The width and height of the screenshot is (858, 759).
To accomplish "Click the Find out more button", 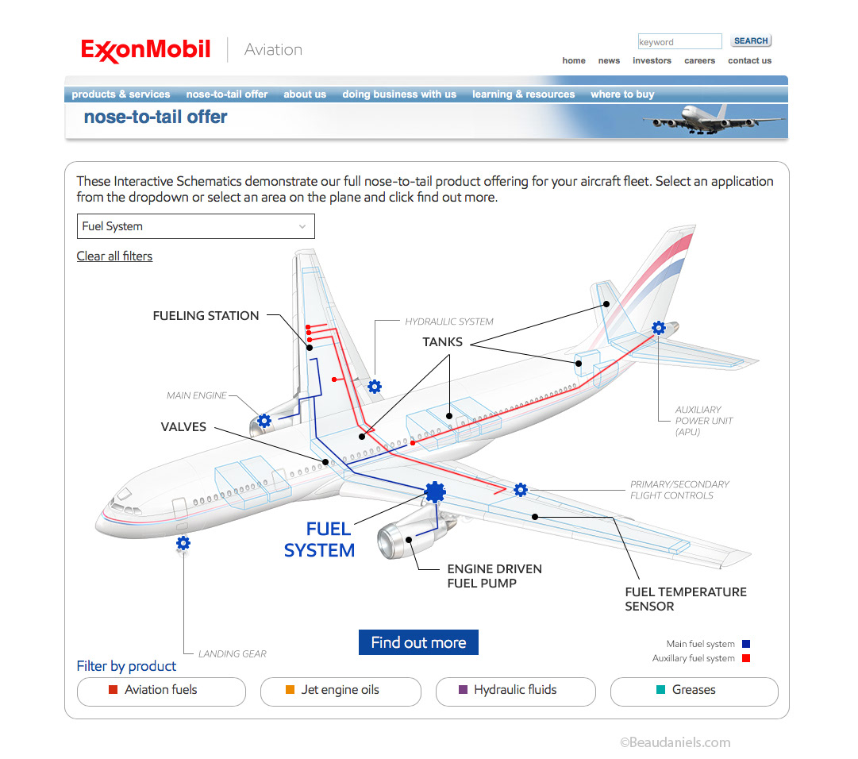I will coord(418,642).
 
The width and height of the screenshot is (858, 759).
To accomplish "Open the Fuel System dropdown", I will coord(195,226).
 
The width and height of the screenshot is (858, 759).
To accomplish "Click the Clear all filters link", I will coord(114,256).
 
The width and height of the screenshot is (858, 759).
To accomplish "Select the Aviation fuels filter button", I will coord(161,691).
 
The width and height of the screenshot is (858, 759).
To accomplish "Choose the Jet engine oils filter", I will coord(341,691).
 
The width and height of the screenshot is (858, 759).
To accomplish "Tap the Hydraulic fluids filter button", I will coord(515,691).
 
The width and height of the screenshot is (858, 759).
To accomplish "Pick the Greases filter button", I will coord(694,691).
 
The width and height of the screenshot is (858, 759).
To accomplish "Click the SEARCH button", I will coord(750,41).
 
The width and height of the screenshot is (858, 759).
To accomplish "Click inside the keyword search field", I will coord(679,41).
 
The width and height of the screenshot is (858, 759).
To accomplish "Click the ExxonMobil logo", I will coord(146,50).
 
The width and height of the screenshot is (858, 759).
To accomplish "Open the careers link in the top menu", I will coord(699,60).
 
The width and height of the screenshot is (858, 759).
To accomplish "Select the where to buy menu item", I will coord(622,94).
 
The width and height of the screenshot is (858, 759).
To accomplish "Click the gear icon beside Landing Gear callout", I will coord(183,543).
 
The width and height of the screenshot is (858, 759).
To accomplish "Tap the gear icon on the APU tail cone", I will coord(658,327).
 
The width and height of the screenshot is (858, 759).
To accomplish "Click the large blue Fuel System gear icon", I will coord(434,492).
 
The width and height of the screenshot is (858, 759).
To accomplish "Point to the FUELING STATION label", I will coord(206,315).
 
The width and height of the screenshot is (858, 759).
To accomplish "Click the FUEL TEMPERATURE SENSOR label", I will coord(686,599).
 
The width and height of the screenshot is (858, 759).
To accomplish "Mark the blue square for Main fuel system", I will coord(745,644).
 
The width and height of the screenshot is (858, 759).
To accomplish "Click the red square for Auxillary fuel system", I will coord(745,658).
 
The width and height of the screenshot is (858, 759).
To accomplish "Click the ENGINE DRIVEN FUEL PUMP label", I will coord(494,576).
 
